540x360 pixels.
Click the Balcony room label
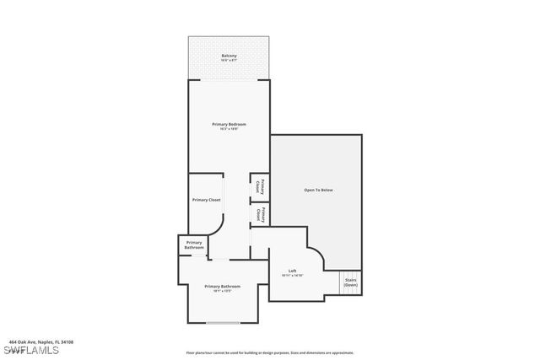[229, 56]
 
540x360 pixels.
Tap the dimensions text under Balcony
[229, 62]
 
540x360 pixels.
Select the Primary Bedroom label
[229, 124]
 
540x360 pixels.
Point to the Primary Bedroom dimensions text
[229, 130]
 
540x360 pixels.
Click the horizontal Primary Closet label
[207, 200]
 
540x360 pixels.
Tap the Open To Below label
[318, 190]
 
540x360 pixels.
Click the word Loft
[292, 271]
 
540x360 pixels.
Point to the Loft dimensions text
[292, 276]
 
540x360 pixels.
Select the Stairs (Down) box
[350, 283]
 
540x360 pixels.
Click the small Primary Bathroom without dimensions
[193, 245]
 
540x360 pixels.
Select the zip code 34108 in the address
[66, 341]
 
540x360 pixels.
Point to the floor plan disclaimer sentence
[269, 352]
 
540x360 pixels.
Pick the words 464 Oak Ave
[21, 341]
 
